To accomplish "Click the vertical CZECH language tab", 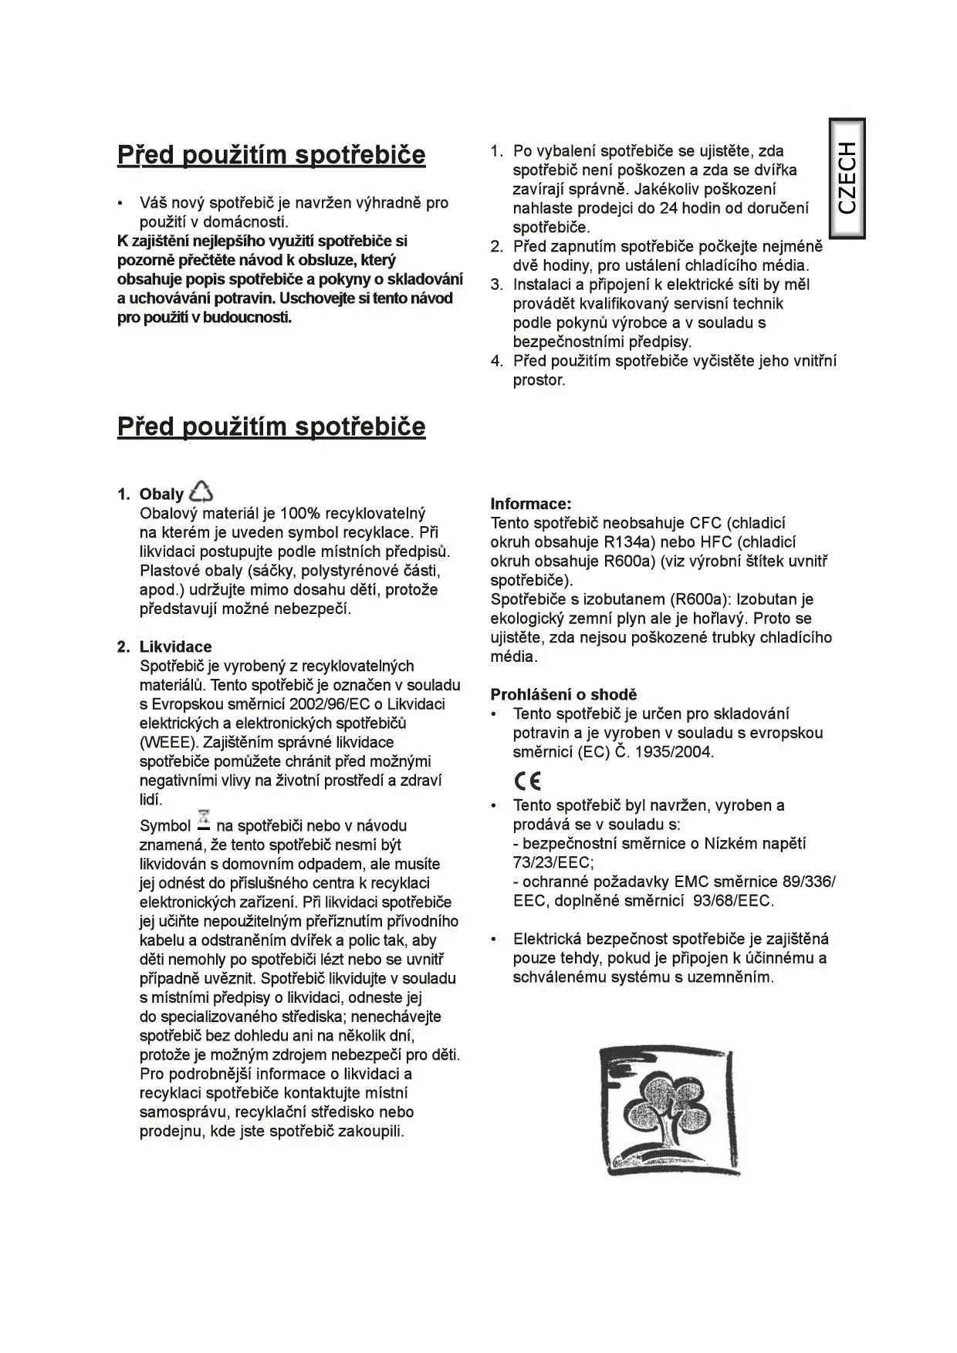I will (847, 178).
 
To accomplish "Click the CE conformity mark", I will (528, 781).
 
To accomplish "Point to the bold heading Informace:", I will (531, 504).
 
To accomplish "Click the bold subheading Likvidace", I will (175, 647).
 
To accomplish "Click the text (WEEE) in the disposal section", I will (167, 743).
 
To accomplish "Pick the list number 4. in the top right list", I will (497, 361).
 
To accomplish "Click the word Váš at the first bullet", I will (153, 204).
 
